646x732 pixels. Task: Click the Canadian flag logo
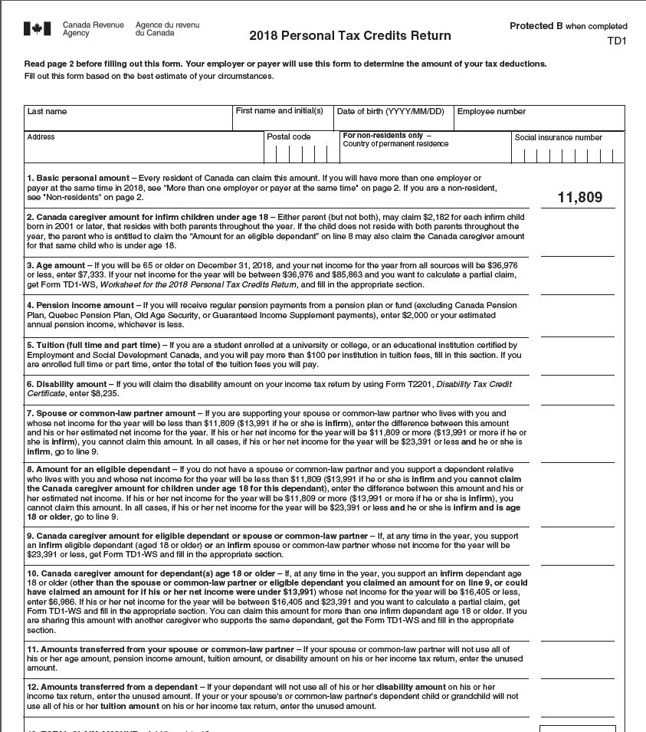pyautogui.click(x=37, y=29)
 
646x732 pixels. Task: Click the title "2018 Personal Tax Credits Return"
pyautogui.click(x=350, y=36)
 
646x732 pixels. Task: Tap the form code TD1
pyautogui.click(x=617, y=41)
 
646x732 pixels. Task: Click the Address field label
pyautogui.click(x=41, y=137)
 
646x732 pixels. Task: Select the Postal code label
pyautogui.click(x=289, y=137)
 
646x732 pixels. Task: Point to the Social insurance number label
pyautogui.click(x=559, y=138)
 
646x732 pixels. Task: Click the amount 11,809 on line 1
pyautogui.click(x=580, y=198)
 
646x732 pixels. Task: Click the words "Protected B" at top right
pyautogui.click(x=531, y=26)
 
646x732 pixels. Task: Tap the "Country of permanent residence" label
pyautogui.click(x=395, y=144)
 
